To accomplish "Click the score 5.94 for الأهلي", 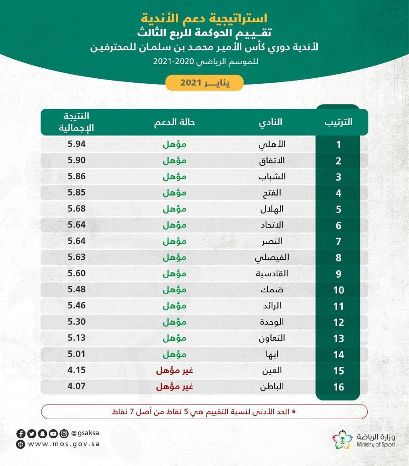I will pos(77,144).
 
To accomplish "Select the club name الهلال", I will pos(273,209).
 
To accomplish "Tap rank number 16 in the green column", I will pos(339,387).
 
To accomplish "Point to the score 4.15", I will pos(77,370).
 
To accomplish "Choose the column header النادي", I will pos(270,122).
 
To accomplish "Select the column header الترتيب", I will pos(339,122).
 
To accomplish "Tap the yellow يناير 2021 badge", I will pos(204,83).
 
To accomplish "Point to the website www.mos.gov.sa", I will pos(64,444).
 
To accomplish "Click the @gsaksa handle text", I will pos(86,433).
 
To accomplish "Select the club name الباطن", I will pos(272,387).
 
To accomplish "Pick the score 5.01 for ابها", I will pos(77,354).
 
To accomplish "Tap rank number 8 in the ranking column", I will pos(339,258).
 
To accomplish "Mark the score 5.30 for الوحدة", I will pos(77,321).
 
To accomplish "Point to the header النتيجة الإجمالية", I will pos(77,122).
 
